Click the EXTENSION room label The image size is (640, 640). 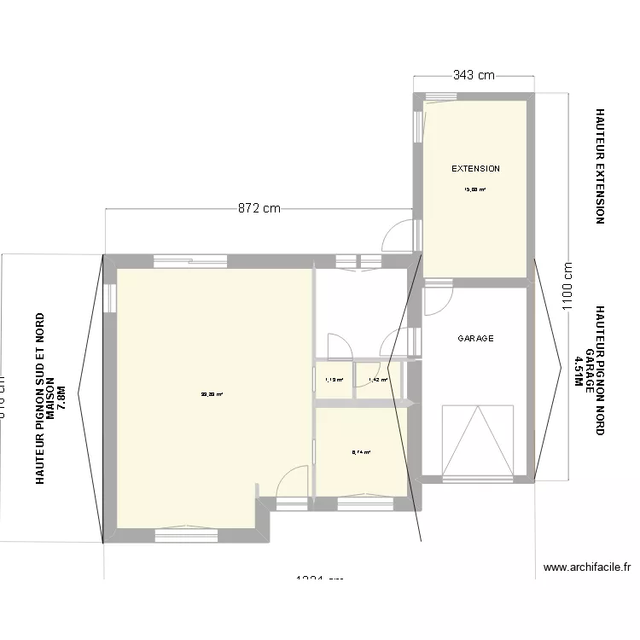point(475,169)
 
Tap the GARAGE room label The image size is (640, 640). point(475,339)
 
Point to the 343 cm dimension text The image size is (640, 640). point(474,75)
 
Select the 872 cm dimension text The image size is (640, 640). point(259,208)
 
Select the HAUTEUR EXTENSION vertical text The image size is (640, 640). point(600,166)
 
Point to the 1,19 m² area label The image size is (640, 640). point(334,380)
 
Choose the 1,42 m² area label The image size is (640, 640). point(377,380)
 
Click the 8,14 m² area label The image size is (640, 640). point(361,452)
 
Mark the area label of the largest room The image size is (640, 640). point(212,394)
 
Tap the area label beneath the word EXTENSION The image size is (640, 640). point(474,190)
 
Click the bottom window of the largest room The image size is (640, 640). point(186,535)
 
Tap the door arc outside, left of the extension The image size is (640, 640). point(399,236)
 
